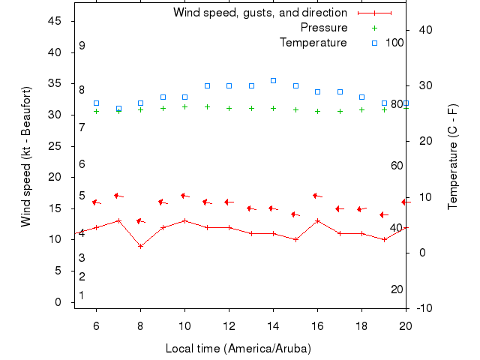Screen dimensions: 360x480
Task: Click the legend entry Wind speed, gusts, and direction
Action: click(x=259, y=13)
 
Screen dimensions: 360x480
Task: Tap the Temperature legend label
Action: click(x=313, y=43)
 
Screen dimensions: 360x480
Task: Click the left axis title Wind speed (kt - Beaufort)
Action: click(x=26, y=156)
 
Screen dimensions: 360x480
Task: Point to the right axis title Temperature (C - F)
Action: click(x=453, y=156)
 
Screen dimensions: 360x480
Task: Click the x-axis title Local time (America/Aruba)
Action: click(x=238, y=349)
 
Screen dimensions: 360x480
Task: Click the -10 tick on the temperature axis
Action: click(x=424, y=308)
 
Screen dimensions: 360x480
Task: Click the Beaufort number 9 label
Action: click(x=82, y=46)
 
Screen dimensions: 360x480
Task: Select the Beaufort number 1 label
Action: click(x=81, y=295)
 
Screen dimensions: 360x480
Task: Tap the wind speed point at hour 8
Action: click(x=140, y=246)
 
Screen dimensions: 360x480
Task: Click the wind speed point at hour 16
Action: click(x=317, y=220)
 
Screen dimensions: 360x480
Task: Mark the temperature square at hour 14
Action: click(x=273, y=80)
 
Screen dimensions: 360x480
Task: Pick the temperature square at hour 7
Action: click(x=118, y=109)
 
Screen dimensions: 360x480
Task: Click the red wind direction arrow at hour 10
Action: click(x=185, y=196)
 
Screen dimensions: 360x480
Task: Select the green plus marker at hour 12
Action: click(x=229, y=108)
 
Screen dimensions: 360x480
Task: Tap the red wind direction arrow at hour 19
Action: click(x=384, y=214)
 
